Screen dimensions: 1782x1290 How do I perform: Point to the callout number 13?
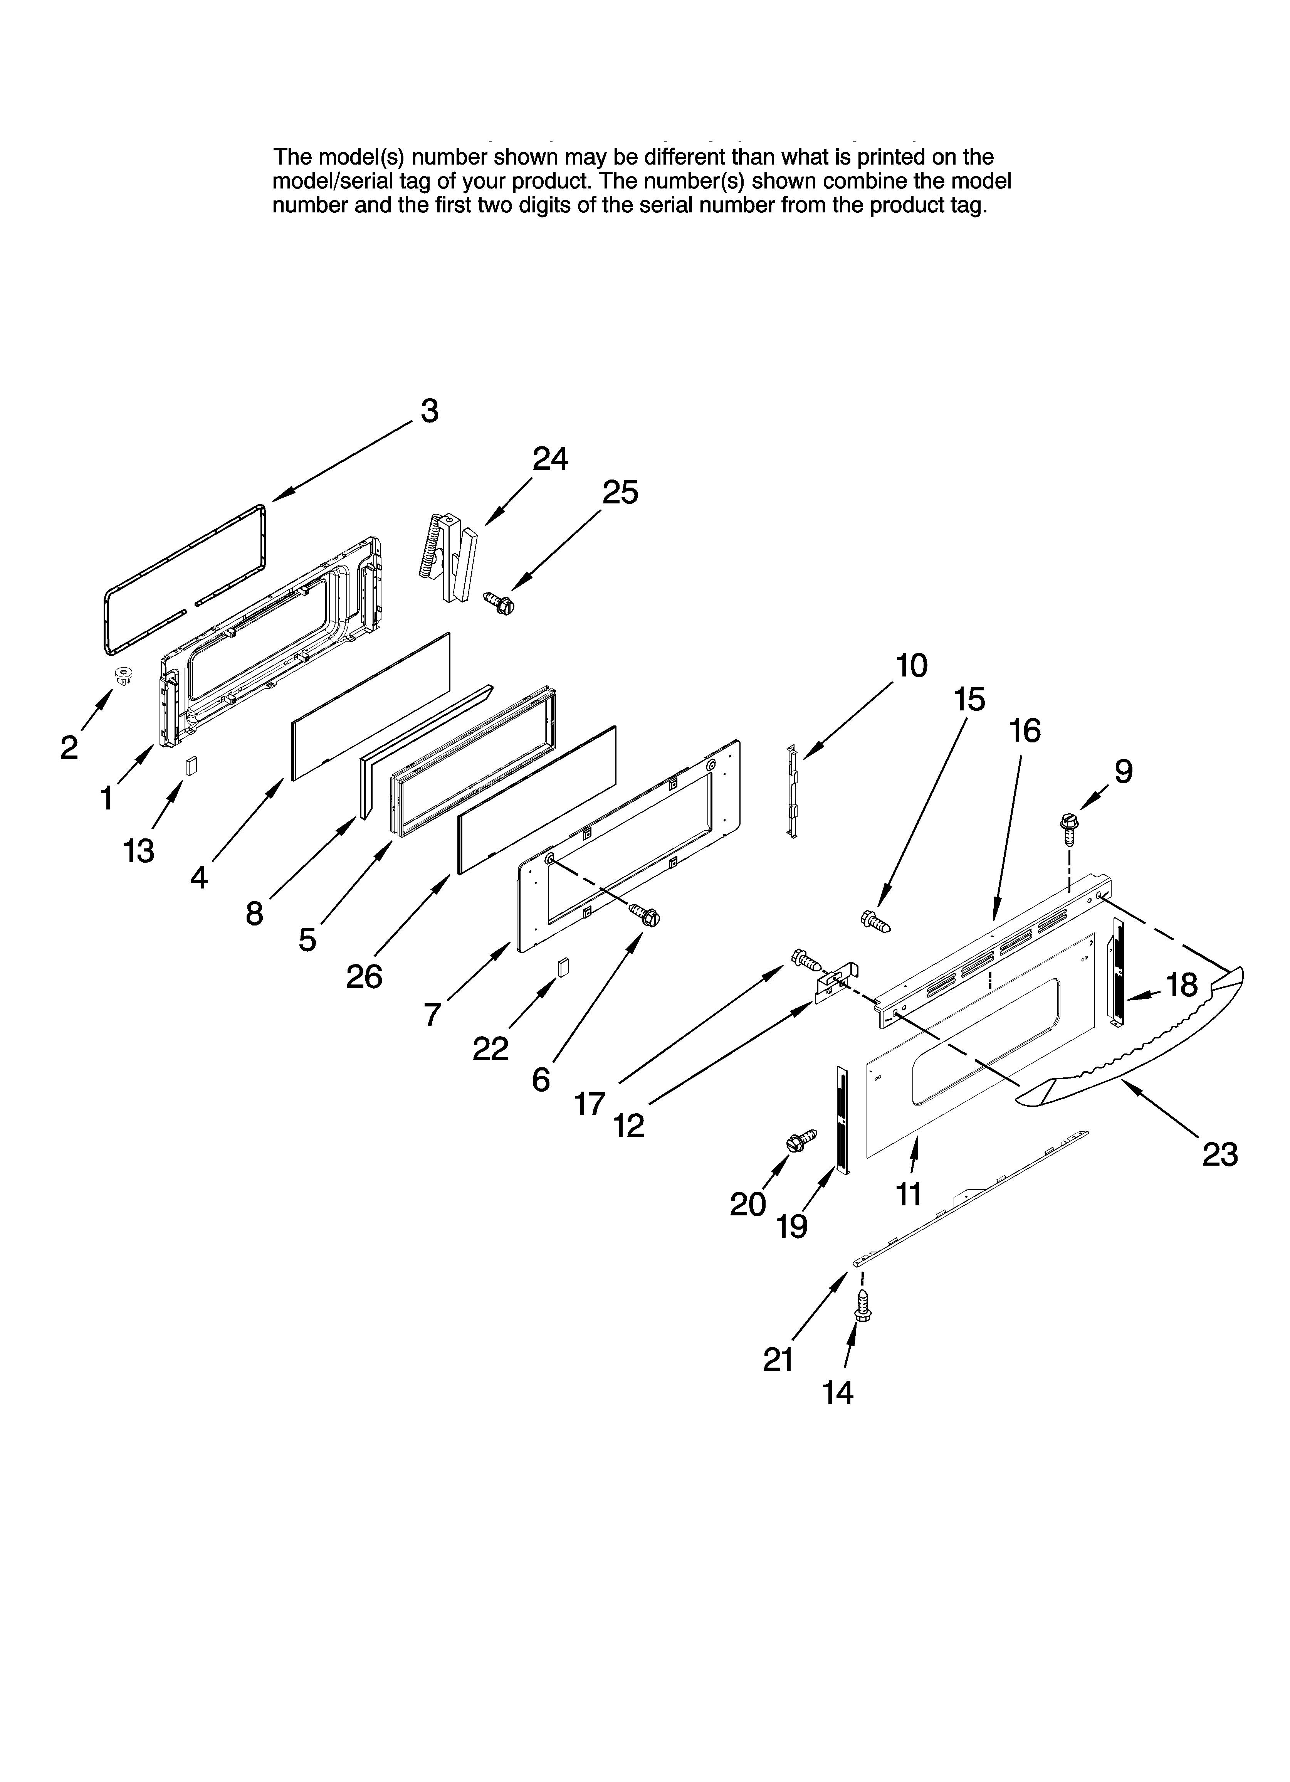139,850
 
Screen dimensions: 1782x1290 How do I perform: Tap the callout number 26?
364,977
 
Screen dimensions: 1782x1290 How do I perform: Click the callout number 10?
911,665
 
